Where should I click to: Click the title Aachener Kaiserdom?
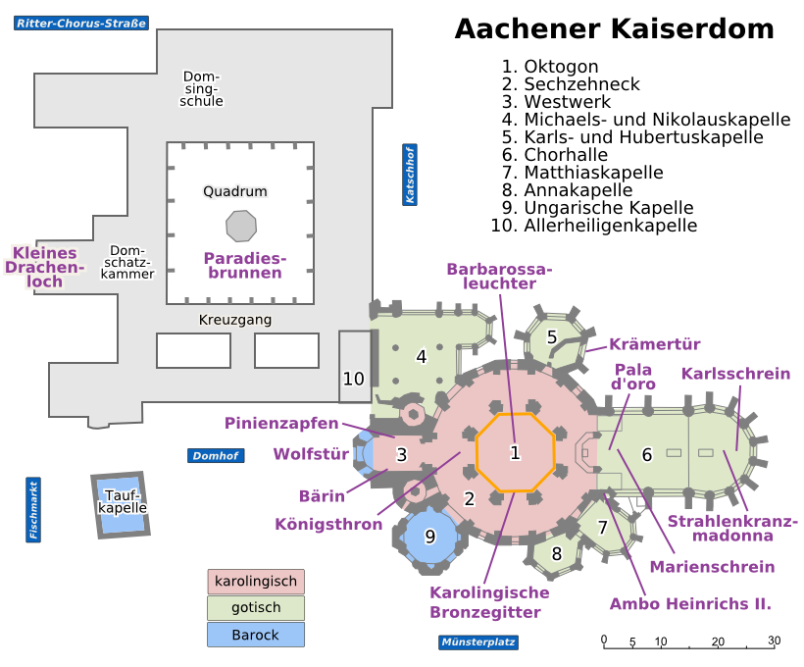614,29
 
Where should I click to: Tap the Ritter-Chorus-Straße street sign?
81,23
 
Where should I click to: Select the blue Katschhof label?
410,175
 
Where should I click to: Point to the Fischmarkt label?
33,510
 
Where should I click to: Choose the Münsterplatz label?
478,642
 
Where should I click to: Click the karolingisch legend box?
256,581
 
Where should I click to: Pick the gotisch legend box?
256,608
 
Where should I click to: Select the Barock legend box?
256,635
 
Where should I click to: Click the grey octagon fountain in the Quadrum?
240,226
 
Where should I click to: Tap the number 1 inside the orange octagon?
514,453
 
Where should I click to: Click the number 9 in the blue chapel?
429,537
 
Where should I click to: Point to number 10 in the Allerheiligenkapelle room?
354,378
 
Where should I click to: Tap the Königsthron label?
328,524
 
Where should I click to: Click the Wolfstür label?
311,454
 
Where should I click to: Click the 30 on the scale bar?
774,641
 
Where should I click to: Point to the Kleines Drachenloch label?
46,267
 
